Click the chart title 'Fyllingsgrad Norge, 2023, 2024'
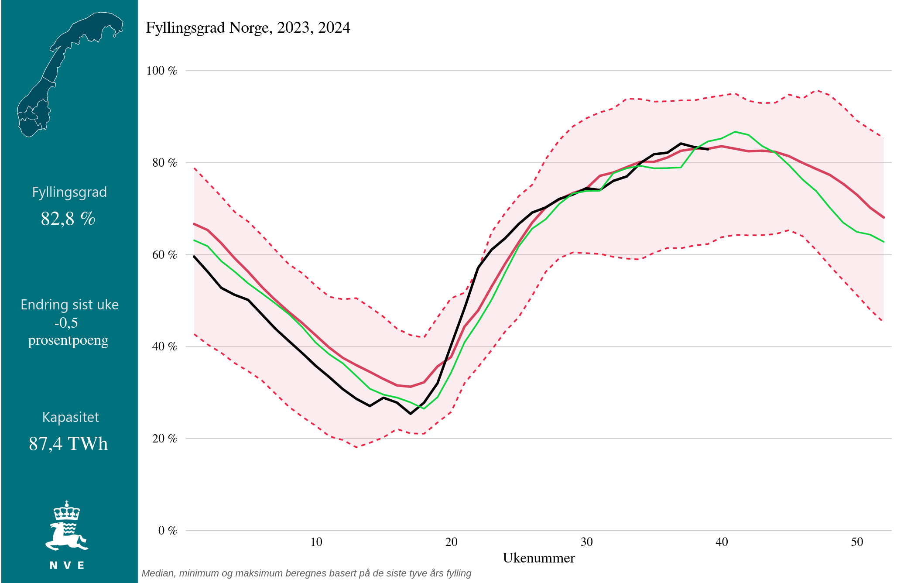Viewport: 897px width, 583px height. click(248, 28)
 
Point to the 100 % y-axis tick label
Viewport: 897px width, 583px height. click(162, 71)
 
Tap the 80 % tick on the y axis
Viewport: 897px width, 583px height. click(164, 163)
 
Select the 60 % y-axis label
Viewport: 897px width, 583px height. click(164, 255)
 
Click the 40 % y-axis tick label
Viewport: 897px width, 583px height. click(164, 346)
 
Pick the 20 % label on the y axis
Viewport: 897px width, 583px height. click(164, 439)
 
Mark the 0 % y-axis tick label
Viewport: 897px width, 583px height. click(168, 531)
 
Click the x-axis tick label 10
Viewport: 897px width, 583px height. click(316, 542)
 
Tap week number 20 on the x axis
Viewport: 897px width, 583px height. click(452, 542)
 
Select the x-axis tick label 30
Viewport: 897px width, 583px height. click(587, 542)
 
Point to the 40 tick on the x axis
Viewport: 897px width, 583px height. click(722, 542)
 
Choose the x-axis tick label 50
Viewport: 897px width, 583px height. click(857, 542)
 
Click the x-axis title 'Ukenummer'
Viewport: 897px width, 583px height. click(539, 558)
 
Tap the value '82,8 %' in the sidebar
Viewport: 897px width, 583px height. click(68, 219)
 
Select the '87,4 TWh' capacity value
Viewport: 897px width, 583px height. click(68, 444)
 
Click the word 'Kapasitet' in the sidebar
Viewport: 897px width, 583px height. click(70, 417)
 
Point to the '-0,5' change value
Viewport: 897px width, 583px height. click(66, 322)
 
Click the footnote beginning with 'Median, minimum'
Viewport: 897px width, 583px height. click(306, 573)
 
